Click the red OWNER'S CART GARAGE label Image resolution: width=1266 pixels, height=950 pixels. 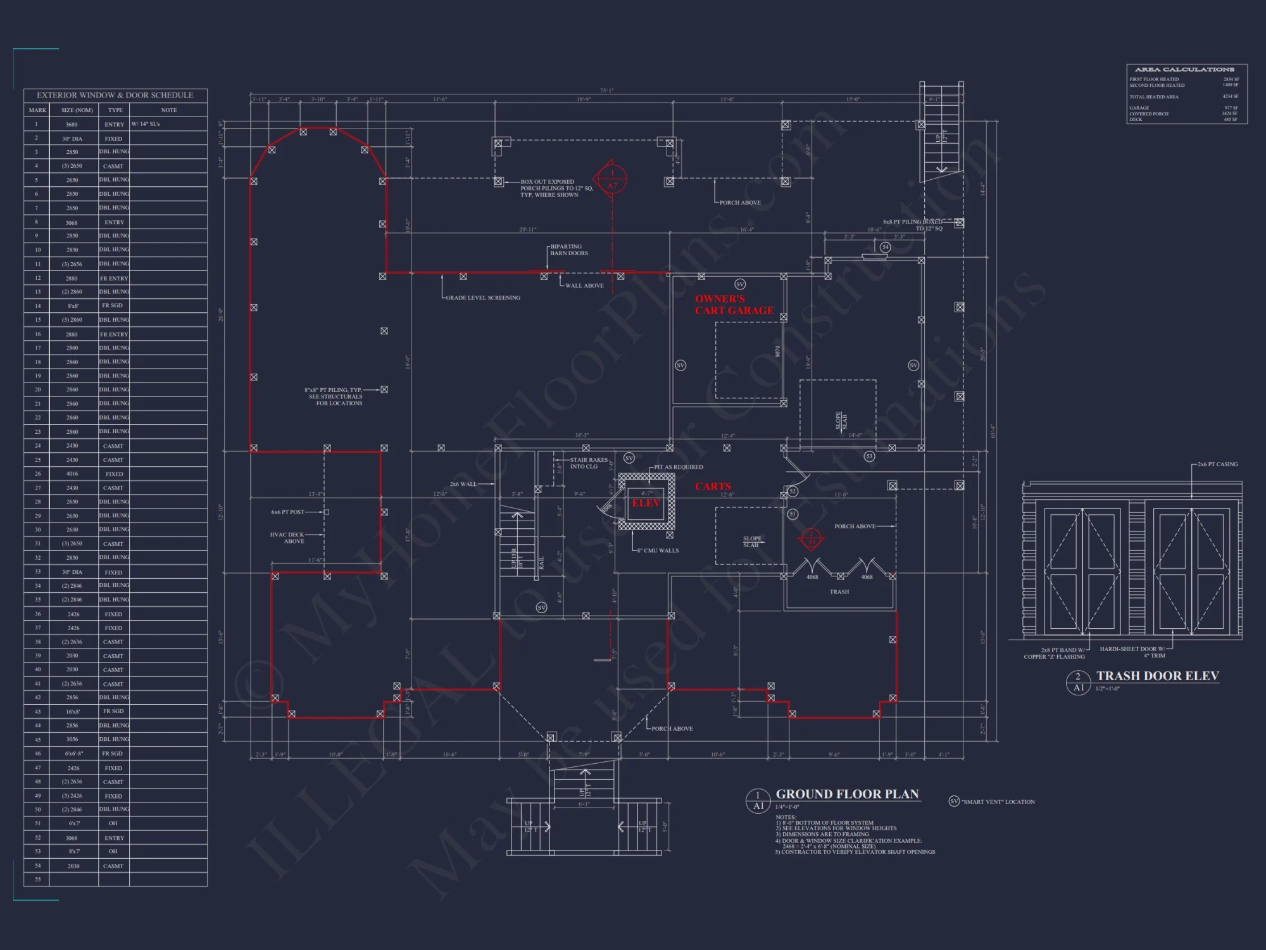[734, 305]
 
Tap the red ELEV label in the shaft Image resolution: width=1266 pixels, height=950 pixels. [646, 503]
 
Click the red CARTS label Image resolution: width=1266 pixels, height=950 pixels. [713, 486]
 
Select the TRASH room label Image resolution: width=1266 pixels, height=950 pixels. [839, 592]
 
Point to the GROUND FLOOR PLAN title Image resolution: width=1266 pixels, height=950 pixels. [847, 794]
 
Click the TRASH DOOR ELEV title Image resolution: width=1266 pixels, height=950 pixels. [1157, 676]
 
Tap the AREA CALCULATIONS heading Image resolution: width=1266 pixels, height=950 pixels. [1184, 70]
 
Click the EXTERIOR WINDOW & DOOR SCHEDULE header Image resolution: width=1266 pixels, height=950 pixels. [115, 96]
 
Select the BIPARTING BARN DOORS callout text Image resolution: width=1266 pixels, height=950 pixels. [568, 250]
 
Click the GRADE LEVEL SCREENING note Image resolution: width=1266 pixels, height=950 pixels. [483, 298]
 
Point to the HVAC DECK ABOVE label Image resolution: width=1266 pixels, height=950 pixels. [287, 538]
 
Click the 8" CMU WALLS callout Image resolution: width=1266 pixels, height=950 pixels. [658, 551]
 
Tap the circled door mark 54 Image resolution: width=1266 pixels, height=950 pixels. [885, 248]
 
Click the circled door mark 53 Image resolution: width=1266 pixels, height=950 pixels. [869, 456]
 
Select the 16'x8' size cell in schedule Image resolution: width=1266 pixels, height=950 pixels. [73, 712]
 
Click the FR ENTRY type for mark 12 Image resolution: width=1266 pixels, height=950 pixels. [114, 279]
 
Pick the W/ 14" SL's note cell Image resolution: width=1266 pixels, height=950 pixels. [146, 124]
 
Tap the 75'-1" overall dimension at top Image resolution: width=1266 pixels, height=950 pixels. [606, 91]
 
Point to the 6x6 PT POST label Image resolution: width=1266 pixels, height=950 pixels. [288, 512]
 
